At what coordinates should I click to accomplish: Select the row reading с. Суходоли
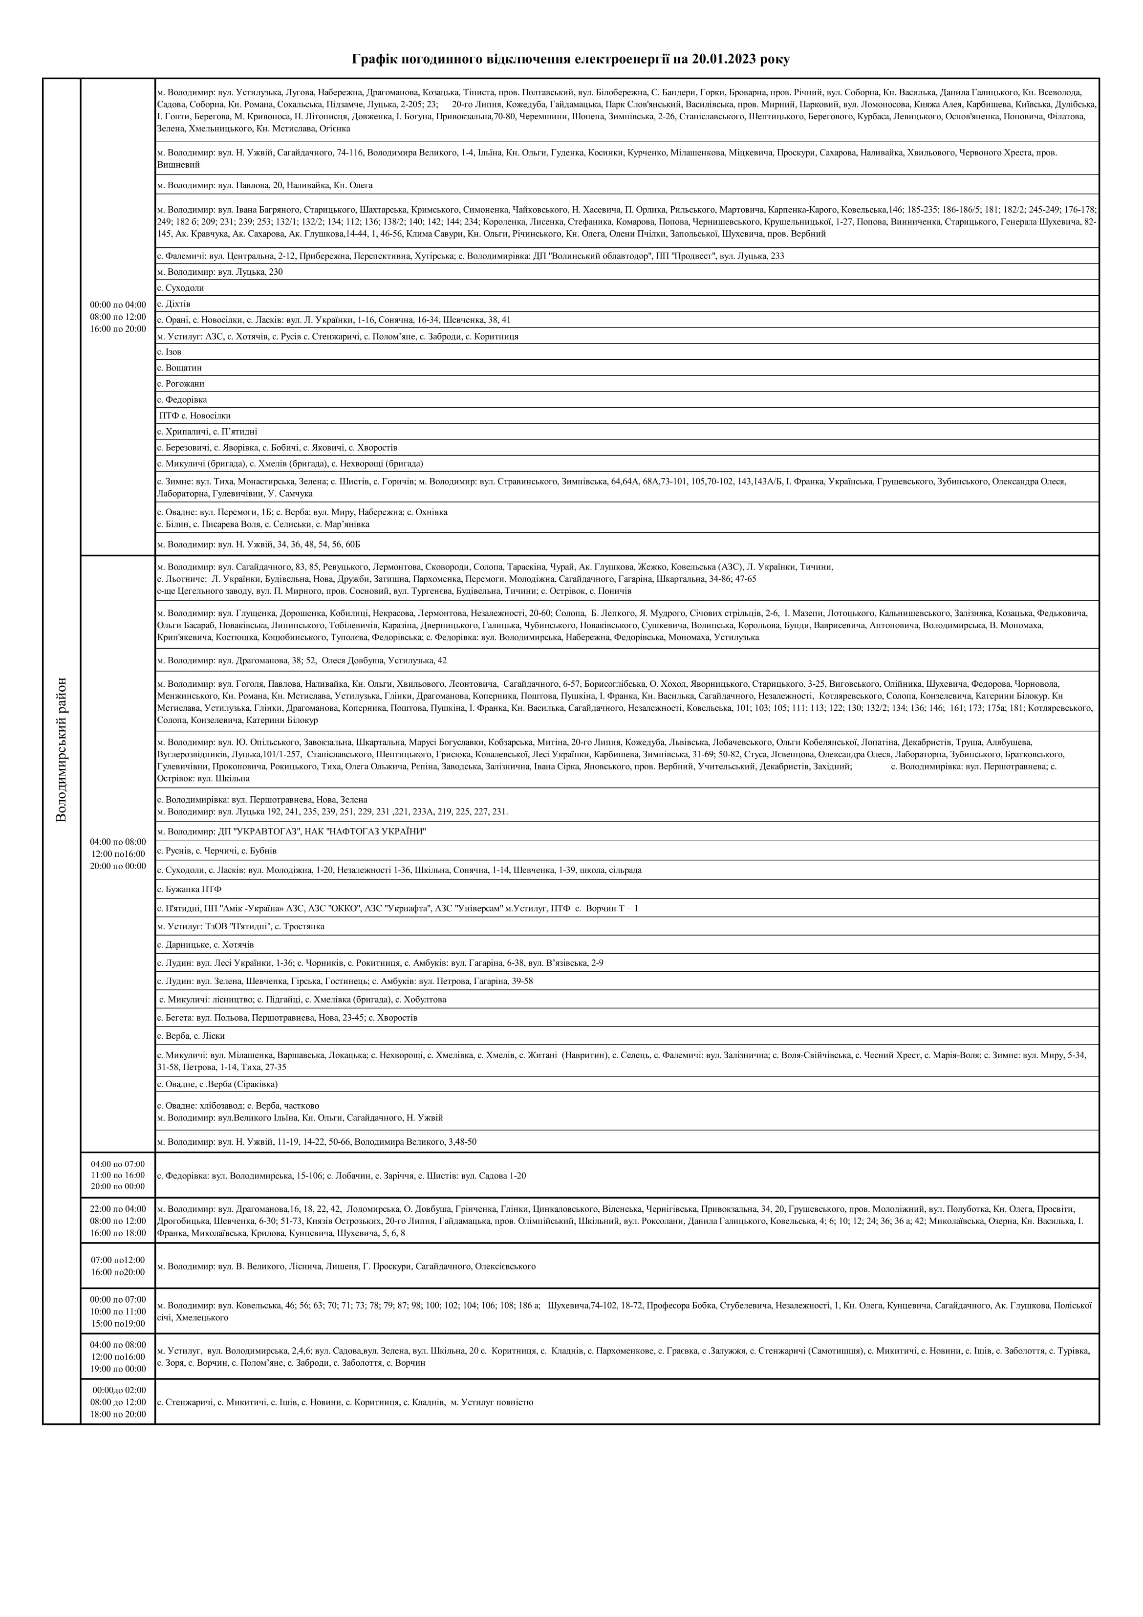tap(181, 288)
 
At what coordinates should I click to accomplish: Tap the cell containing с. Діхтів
tap(174, 304)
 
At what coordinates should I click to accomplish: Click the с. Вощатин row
tap(179, 368)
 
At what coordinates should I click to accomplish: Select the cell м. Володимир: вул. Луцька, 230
tap(220, 272)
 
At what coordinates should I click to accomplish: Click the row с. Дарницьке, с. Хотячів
tap(206, 944)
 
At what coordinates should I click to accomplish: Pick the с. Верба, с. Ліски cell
tap(192, 1036)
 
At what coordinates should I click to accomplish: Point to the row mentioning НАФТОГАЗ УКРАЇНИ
tap(292, 832)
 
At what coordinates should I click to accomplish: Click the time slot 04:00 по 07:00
tap(118, 1164)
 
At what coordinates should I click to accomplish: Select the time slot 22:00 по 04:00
tap(118, 1209)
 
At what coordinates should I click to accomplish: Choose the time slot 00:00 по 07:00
tap(118, 1299)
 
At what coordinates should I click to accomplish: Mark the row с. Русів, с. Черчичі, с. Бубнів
tap(217, 851)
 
